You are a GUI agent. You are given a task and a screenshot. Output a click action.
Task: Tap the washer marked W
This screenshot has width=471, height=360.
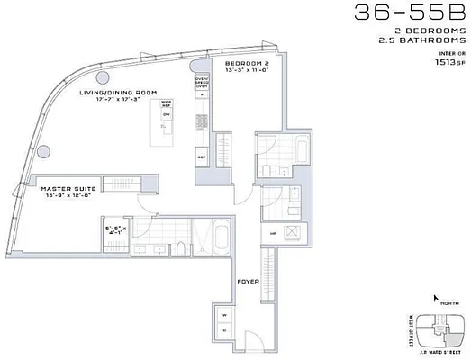click(222, 315)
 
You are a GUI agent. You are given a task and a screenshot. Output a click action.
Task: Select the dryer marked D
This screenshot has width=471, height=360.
click(222, 331)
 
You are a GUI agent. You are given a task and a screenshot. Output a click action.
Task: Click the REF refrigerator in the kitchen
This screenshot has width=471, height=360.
click(202, 155)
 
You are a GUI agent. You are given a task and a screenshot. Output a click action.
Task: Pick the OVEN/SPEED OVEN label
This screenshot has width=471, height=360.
click(203, 81)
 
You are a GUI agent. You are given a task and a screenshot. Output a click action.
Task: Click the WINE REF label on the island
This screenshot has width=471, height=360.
click(166, 104)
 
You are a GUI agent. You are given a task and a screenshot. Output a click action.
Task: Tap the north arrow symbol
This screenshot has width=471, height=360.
click(437, 298)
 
